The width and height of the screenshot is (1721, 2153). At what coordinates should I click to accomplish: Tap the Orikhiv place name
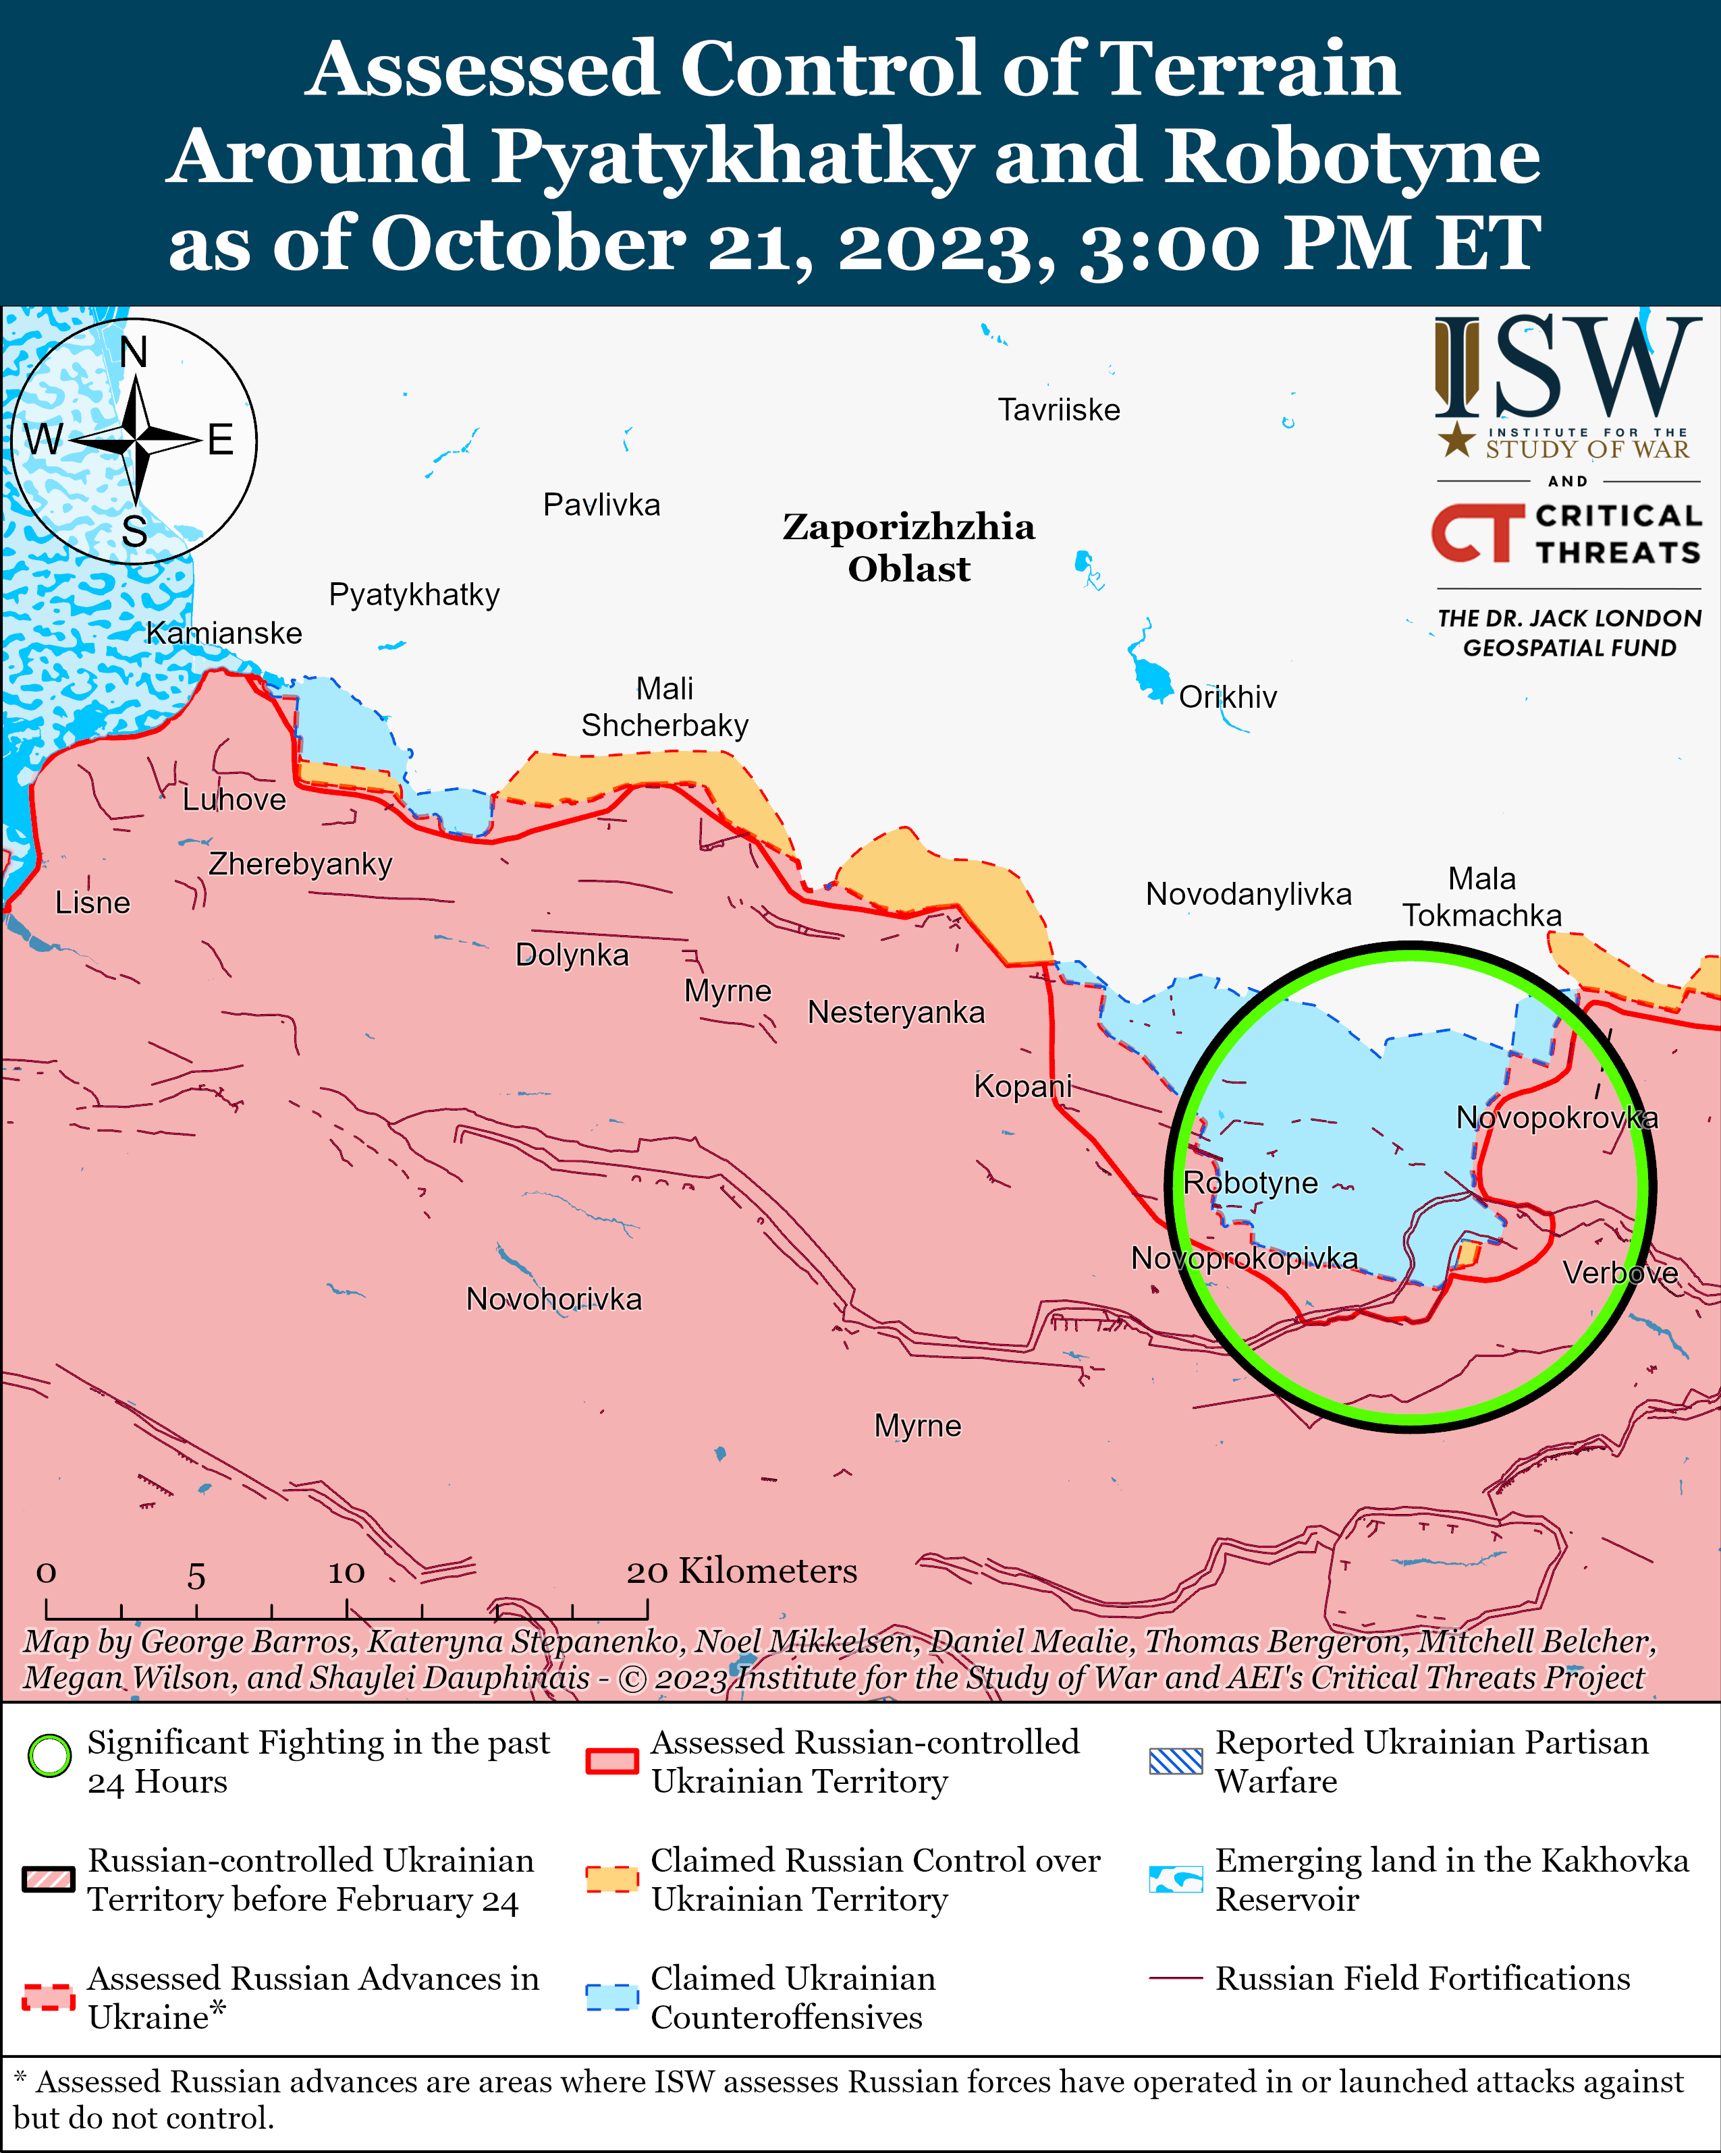(x=1228, y=697)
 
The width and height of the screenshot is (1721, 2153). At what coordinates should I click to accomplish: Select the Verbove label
(x=1619, y=1273)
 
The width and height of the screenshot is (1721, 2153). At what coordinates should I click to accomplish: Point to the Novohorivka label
(x=553, y=1299)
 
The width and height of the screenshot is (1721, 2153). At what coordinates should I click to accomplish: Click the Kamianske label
(x=224, y=633)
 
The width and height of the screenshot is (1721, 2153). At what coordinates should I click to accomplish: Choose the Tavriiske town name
(x=1059, y=410)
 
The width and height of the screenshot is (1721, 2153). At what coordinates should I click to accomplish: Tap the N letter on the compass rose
(x=134, y=352)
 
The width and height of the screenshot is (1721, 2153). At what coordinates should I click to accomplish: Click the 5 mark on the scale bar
(x=196, y=1577)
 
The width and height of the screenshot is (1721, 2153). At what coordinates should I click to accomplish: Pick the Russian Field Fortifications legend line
(x=1176, y=1978)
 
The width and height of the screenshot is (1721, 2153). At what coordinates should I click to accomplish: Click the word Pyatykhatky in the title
(x=730, y=156)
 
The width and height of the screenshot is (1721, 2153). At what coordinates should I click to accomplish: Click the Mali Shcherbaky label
(x=664, y=707)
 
